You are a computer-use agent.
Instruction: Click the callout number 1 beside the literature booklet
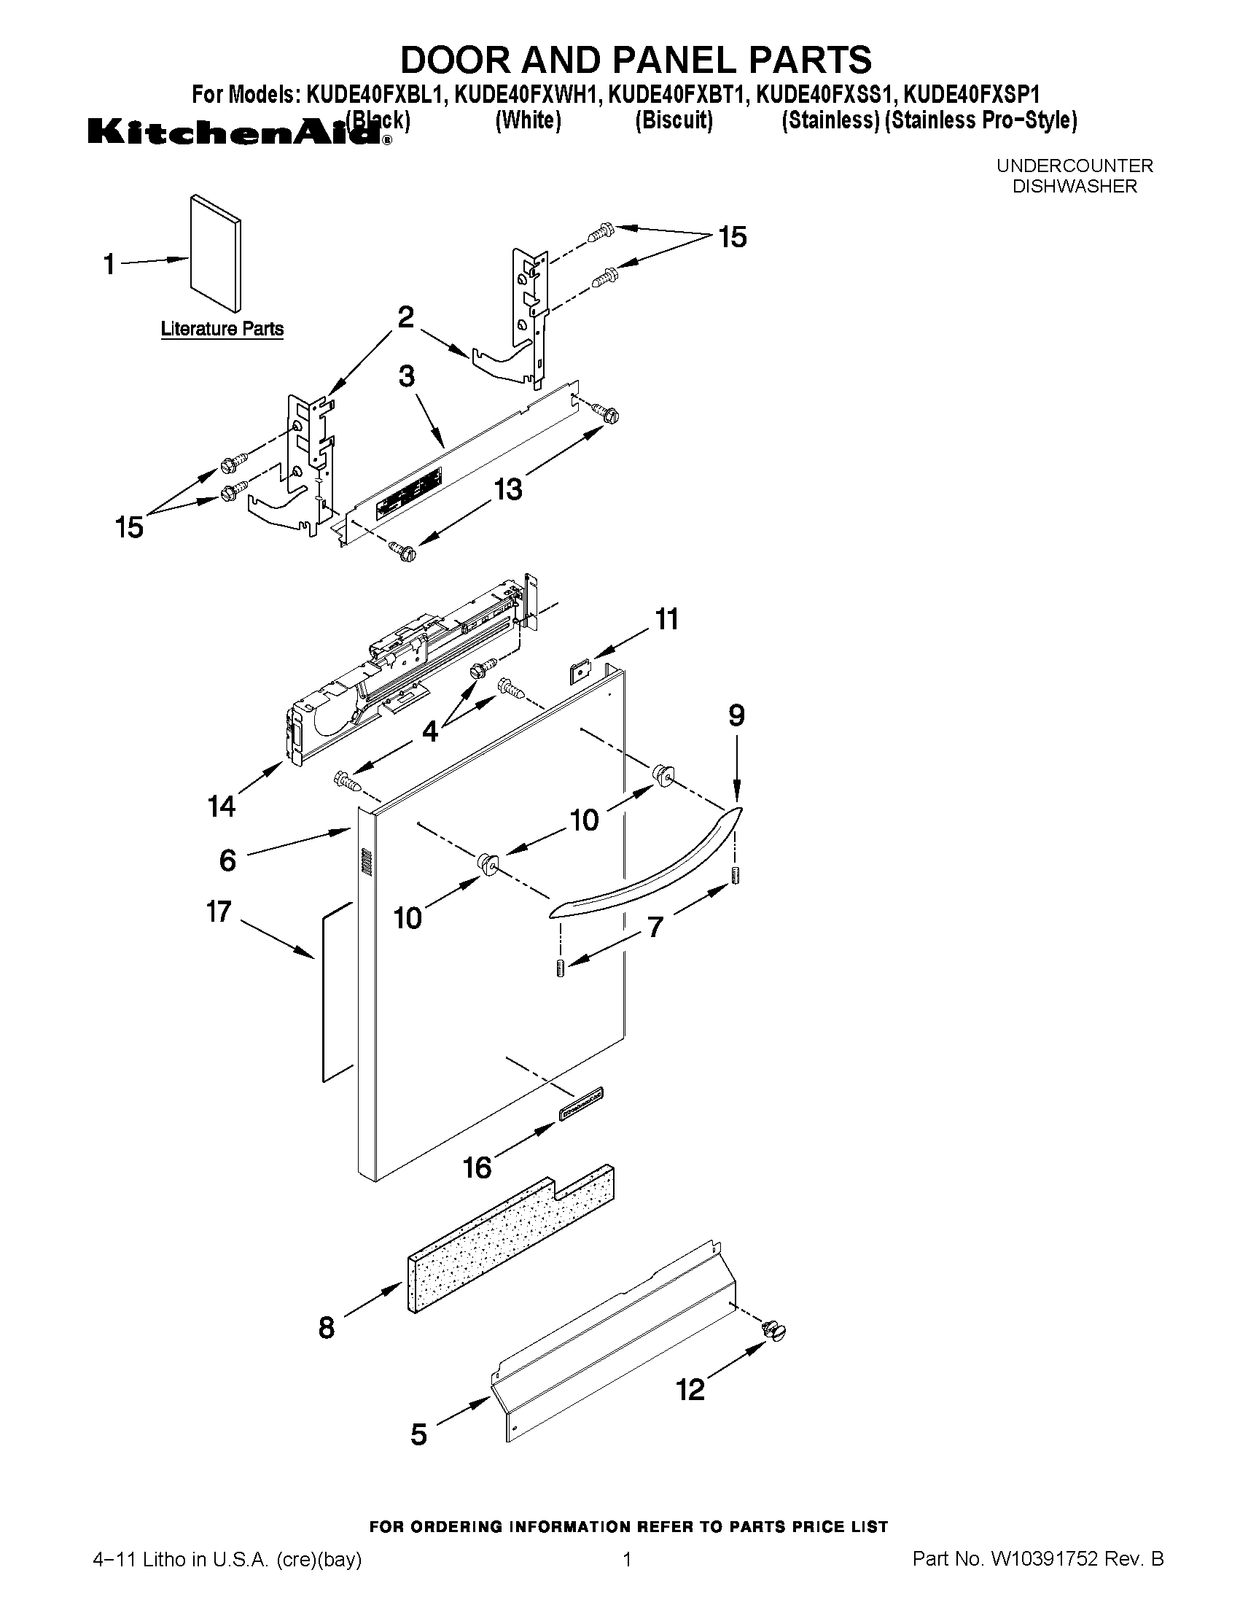point(109,264)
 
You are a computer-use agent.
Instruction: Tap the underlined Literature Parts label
point(222,328)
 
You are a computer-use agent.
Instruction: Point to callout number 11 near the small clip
point(666,619)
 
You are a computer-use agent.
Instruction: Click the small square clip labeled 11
point(581,672)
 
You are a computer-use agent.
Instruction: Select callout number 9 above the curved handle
point(736,715)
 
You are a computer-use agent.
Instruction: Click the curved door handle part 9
point(647,867)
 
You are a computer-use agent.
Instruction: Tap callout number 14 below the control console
point(221,807)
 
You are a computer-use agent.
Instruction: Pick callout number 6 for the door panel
point(227,860)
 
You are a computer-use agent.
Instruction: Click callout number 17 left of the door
point(219,912)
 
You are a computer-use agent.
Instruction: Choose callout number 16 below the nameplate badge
point(477,1167)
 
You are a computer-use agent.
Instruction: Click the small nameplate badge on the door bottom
point(580,1115)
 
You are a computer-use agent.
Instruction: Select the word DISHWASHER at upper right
point(1074,187)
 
